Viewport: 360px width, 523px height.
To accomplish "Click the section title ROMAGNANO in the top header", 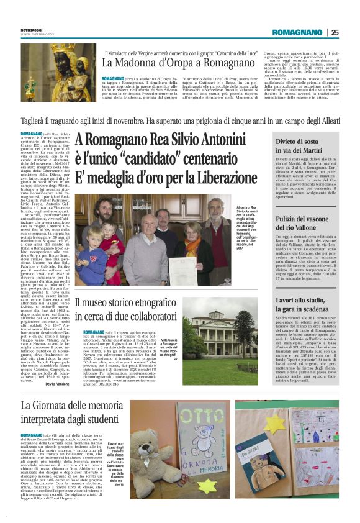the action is pyautogui.click(x=299, y=32).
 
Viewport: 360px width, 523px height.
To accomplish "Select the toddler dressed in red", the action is pyautogui.click(x=112, y=248).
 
